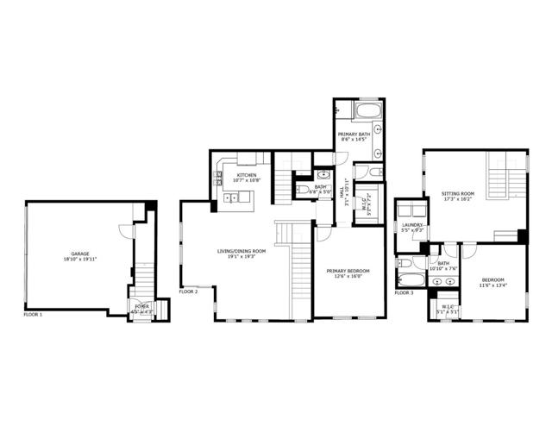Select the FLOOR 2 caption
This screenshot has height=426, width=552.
click(x=189, y=292)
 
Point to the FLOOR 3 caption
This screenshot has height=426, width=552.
click(x=405, y=293)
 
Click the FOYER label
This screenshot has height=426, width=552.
click(x=141, y=306)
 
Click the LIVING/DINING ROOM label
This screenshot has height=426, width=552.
click(x=241, y=251)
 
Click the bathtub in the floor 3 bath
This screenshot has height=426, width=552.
click(x=406, y=279)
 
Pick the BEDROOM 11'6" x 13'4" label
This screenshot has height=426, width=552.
click(x=493, y=280)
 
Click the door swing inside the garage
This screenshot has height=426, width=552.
click(x=126, y=231)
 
